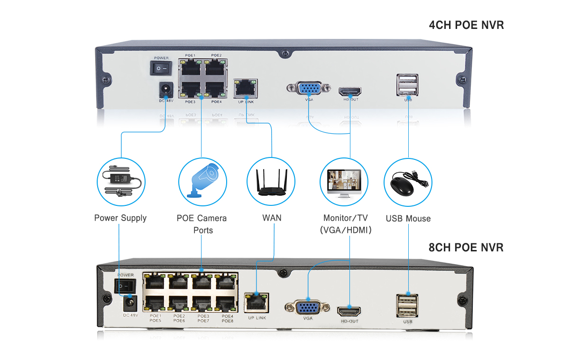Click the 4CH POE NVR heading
coord(466,25)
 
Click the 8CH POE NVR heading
coord(466,247)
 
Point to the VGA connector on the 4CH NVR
coord(308,89)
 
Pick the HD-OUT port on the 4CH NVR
coord(350,91)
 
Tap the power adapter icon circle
coord(121,182)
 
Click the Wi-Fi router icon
coord(271,182)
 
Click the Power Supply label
coord(120,218)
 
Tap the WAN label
coord(272,218)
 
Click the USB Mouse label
coord(408,219)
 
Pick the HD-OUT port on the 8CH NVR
coord(349,311)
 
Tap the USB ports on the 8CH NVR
coord(408,305)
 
